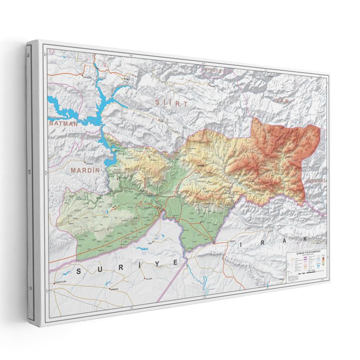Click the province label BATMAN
point(63,122)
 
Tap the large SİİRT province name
point(171,103)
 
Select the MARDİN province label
point(85,171)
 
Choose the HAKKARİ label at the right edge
point(315,180)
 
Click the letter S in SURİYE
point(80,271)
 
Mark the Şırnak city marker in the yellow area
point(199,165)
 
